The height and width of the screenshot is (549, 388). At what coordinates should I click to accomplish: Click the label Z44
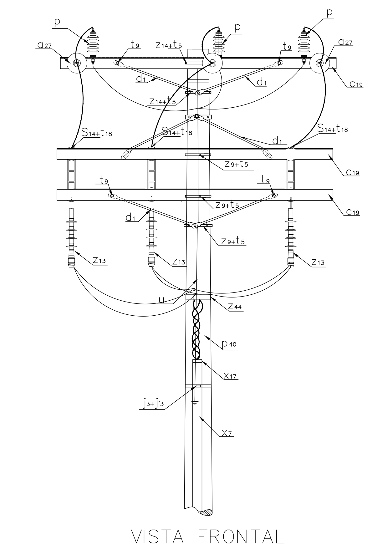(235, 307)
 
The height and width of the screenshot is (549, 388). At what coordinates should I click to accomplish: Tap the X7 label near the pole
(227, 433)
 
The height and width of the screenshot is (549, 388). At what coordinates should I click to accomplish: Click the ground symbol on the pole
(194, 403)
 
